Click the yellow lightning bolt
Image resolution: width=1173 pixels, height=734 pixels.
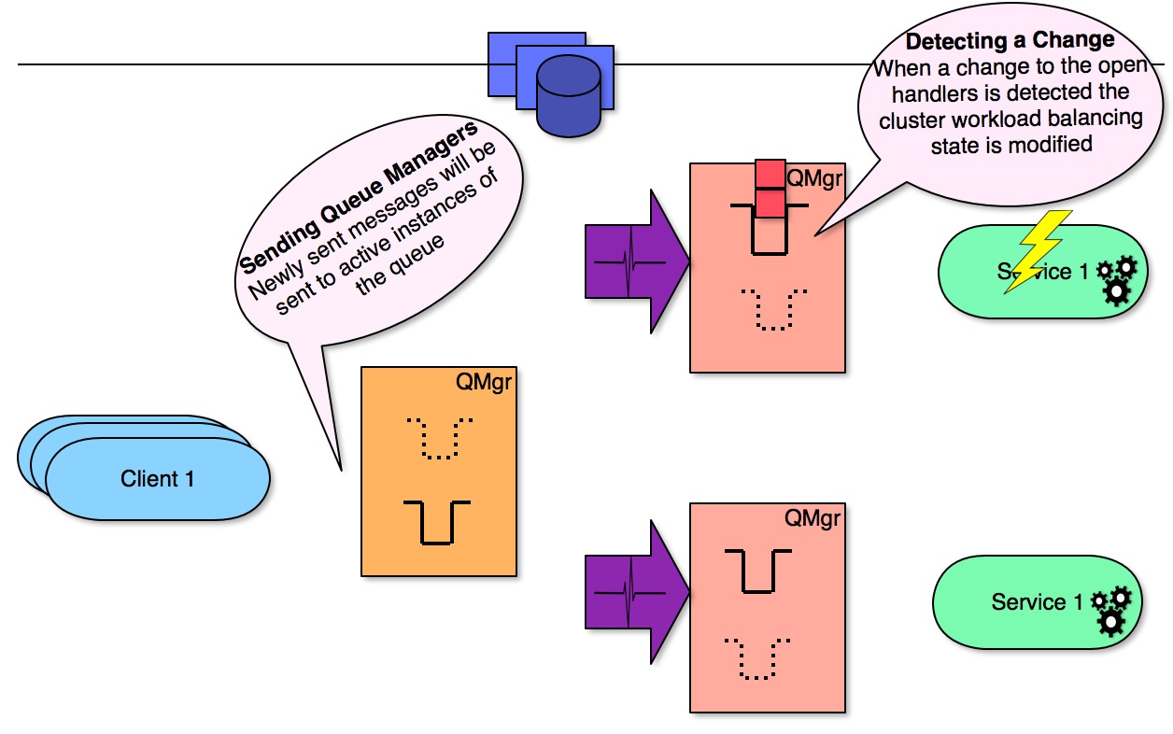[1035, 249]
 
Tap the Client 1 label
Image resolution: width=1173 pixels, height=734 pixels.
[158, 479]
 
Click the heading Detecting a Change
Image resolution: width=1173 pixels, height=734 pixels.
[1010, 41]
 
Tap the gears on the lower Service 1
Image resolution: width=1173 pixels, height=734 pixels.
[1112, 610]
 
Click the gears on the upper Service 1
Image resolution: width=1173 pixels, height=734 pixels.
[1116, 280]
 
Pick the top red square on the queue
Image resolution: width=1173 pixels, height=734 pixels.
[770, 174]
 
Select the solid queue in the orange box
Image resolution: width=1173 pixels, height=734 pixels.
[437, 521]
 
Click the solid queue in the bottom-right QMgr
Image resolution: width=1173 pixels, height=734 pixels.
[757, 571]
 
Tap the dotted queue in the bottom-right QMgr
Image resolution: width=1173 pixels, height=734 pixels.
[757, 657]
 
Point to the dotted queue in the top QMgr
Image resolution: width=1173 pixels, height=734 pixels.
[772, 309]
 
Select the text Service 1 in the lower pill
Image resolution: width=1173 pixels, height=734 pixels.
[1028, 602]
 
